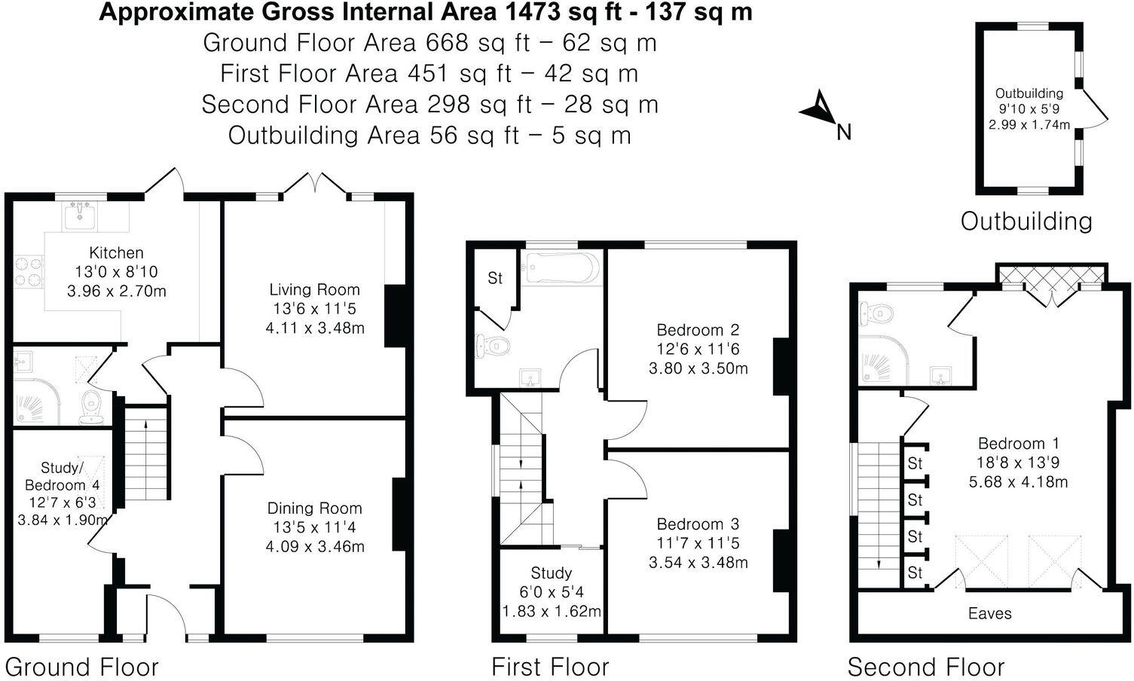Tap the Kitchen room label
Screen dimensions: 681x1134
pyautogui.click(x=116, y=253)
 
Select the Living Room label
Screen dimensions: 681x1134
pyautogui.click(x=315, y=290)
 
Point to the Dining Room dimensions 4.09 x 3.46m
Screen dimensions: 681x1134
pyautogui.click(x=315, y=546)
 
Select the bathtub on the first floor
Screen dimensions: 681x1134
pyautogui.click(x=563, y=268)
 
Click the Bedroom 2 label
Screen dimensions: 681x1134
pyautogui.click(x=698, y=330)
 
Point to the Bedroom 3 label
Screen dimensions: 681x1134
pyautogui.click(x=698, y=524)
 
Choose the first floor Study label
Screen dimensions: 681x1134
pyautogui.click(x=552, y=573)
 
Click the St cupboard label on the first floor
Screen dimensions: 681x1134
pyautogui.click(x=495, y=279)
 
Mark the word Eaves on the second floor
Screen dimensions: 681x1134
pyautogui.click(x=989, y=614)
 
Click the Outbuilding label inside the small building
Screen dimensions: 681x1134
pyautogui.click(x=1029, y=93)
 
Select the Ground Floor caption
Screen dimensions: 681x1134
pyautogui.click(x=81, y=667)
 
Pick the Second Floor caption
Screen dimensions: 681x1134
pyautogui.click(x=926, y=667)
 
